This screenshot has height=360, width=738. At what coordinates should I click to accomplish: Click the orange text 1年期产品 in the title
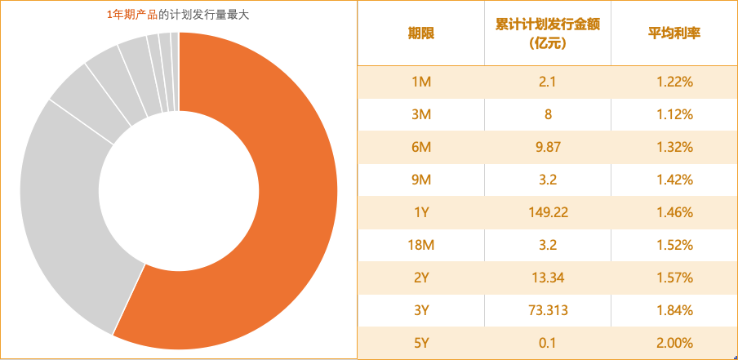pyautogui.click(x=131, y=14)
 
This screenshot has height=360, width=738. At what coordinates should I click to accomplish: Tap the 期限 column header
pyautogui.click(x=420, y=33)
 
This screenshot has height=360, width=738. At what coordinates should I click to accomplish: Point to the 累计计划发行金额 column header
pyautogui.click(x=548, y=33)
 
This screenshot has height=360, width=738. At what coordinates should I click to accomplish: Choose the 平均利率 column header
pyautogui.click(x=674, y=33)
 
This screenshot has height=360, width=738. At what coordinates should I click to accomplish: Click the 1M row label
pyautogui.click(x=421, y=82)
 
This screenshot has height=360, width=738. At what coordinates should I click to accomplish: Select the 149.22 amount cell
pyautogui.click(x=548, y=212)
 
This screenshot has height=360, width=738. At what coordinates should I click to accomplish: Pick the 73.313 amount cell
pyautogui.click(x=548, y=310)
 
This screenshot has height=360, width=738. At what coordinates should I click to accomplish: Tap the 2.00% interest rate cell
pyautogui.click(x=674, y=343)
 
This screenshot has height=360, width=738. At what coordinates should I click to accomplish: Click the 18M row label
pyautogui.click(x=421, y=245)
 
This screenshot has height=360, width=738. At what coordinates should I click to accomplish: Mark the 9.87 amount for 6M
pyautogui.click(x=548, y=147)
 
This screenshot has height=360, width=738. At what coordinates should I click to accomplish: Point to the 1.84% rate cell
pyautogui.click(x=674, y=310)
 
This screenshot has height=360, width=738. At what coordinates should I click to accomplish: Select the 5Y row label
pyautogui.click(x=421, y=343)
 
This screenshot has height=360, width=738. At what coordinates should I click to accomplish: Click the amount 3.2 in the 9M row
pyautogui.click(x=548, y=180)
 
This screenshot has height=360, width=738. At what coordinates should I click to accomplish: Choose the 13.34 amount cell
pyautogui.click(x=548, y=278)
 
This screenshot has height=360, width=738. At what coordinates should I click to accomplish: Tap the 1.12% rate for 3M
pyautogui.click(x=674, y=114)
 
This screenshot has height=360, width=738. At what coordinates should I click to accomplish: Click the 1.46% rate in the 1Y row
pyautogui.click(x=674, y=212)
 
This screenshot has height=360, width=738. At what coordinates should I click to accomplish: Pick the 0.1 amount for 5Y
pyautogui.click(x=548, y=343)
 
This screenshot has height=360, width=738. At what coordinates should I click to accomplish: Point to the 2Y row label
pyautogui.click(x=421, y=278)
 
